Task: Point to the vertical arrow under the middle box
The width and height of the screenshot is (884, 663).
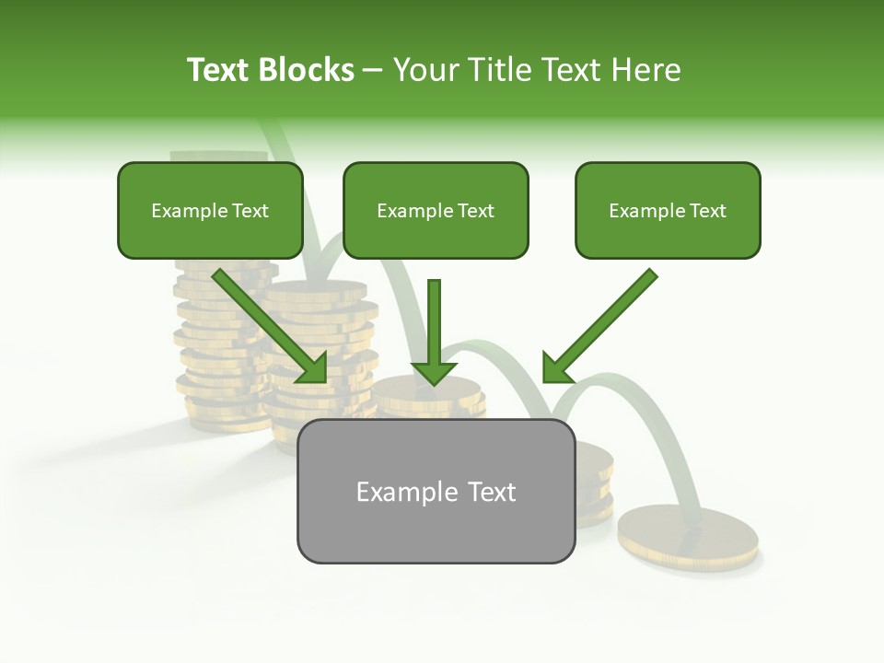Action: click(x=434, y=331)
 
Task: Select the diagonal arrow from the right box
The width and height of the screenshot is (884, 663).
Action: click(x=603, y=322)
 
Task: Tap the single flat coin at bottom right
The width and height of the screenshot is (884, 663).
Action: click(x=688, y=536)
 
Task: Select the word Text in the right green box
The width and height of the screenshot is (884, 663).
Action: click(x=707, y=211)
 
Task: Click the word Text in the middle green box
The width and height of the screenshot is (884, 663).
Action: click(x=475, y=211)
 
